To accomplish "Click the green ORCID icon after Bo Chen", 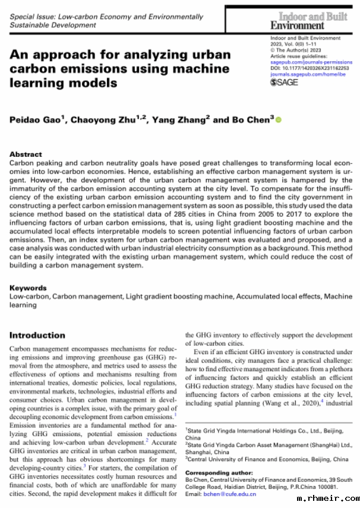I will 279,120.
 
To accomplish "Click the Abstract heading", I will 26,153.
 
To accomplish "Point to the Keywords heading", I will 29,287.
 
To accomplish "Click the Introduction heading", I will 37,335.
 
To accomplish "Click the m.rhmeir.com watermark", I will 330,499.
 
